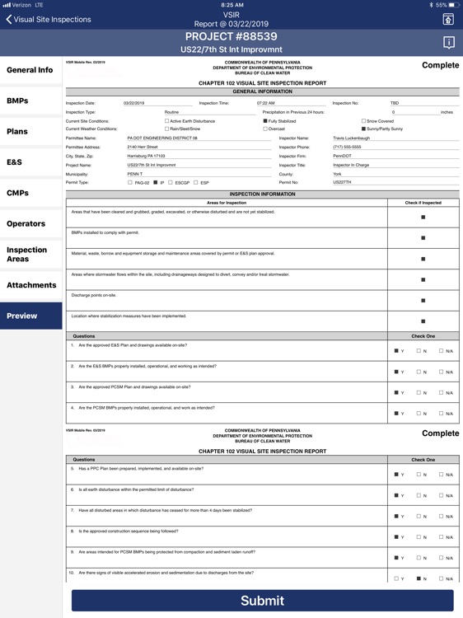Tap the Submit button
tap(262, 601)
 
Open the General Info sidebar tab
tap(30, 70)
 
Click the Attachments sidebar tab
tap(30, 285)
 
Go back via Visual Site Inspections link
tap(48, 19)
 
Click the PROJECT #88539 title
tap(231, 37)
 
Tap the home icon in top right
tap(448, 19)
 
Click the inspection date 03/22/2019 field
tap(134, 103)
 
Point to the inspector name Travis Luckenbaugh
tap(352, 138)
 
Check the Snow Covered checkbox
tap(364, 121)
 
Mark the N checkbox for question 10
tap(419, 578)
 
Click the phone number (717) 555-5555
tap(347, 147)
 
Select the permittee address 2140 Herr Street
tap(143, 147)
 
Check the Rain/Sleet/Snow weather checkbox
tap(166, 129)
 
